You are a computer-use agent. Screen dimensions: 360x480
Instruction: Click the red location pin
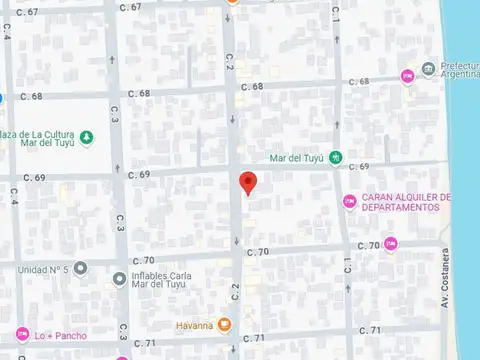point(249,183)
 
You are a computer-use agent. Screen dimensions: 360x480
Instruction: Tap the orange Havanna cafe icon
point(226,325)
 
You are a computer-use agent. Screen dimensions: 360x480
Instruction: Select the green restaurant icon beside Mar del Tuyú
point(336,157)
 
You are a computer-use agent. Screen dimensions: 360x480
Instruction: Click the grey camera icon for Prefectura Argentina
point(428,68)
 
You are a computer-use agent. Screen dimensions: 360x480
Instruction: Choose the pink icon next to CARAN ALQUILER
point(349,202)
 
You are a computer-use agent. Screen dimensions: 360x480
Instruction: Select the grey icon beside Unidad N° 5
point(80,268)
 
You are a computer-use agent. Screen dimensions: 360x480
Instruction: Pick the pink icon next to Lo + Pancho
point(21,334)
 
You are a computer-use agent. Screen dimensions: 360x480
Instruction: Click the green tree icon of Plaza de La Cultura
point(87,137)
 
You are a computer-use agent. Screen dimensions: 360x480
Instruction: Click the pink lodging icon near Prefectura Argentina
point(407,75)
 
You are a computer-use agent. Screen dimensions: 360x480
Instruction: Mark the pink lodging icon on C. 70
point(390,243)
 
